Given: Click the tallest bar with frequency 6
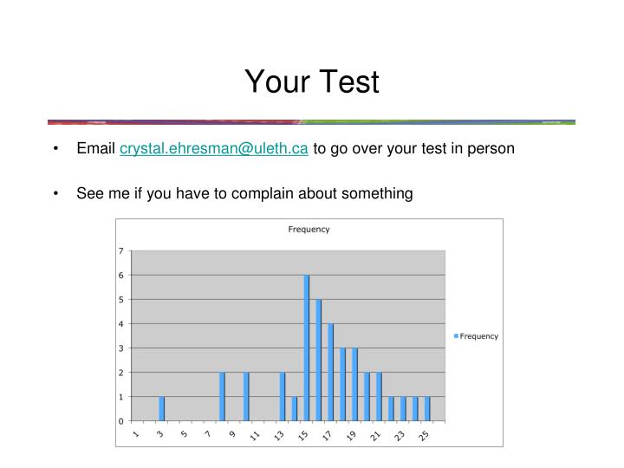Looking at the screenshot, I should [307, 347].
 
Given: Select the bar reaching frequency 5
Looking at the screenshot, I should [319, 360].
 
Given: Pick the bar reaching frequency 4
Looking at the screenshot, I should [331, 373].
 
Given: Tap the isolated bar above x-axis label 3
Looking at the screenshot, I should [162, 408].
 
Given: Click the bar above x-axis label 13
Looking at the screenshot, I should [283, 396].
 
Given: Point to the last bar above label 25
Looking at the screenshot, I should [427, 408].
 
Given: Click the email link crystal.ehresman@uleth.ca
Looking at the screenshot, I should [214, 148].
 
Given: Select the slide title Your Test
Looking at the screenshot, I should [312, 81].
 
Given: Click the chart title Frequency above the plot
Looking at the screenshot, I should [309, 230].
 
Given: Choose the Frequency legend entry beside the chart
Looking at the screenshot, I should [478, 336].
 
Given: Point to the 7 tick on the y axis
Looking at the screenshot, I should [121, 251].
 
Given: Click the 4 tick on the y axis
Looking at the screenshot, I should [121, 324].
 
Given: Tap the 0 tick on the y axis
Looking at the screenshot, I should [121, 421].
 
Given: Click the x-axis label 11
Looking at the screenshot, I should [256, 436].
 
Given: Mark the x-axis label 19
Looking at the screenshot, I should [352, 436].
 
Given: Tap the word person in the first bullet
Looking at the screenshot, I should [492, 148].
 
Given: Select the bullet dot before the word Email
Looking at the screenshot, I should [55, 148].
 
